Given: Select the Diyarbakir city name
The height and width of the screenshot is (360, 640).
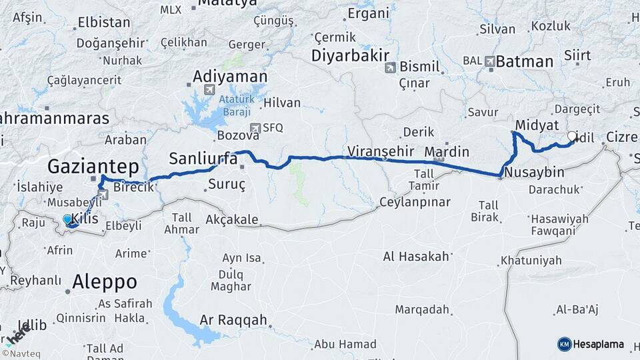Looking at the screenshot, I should [x=350, y=55].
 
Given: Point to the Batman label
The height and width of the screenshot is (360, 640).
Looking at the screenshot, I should [x=525, y=62].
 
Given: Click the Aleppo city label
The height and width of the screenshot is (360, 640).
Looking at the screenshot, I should [x=105, y=281].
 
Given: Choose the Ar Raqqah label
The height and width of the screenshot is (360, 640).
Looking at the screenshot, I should [x=233, y=321].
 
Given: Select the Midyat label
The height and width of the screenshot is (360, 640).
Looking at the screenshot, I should [x=537, y=125].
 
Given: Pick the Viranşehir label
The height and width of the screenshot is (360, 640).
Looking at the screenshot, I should [x=381, y=150].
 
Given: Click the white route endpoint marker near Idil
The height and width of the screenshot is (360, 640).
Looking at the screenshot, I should [x=572, y=136].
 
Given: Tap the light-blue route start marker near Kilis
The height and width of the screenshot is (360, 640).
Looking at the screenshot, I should [x=67, y=219].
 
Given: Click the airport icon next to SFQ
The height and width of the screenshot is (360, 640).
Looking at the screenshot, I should [x=254, y=127].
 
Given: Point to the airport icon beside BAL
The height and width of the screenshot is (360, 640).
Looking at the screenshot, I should [x=490, y=61].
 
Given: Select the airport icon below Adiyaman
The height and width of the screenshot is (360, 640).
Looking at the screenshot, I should [x=209, y=90].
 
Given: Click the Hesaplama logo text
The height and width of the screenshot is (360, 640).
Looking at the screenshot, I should [x=599, y=344].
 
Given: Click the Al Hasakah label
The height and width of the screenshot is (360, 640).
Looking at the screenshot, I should [x=416, y=257].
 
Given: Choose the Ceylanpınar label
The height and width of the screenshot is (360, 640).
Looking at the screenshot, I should [x=415, y=202].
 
